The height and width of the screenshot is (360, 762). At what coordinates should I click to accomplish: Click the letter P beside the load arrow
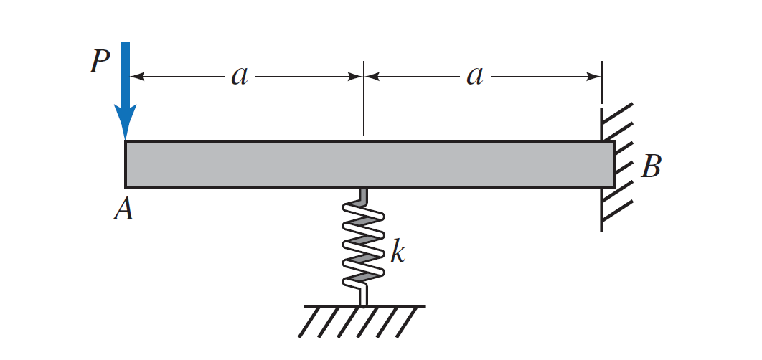(99, 62)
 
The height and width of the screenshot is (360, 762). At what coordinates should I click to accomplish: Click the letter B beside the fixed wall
(650, 167)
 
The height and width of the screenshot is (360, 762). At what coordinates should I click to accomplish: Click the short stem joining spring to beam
(364, 194)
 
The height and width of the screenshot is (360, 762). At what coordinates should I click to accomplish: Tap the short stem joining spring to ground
(364, 295)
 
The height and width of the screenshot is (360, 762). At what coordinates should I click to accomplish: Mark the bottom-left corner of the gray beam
(126, 186)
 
